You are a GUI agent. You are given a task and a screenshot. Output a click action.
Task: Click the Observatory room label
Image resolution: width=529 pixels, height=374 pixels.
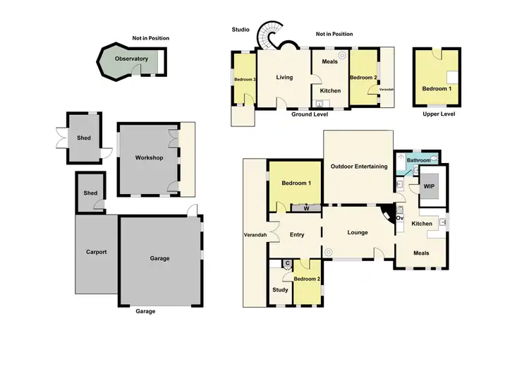[131, 59]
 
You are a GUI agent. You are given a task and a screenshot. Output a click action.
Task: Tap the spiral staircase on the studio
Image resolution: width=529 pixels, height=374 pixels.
[269, 36]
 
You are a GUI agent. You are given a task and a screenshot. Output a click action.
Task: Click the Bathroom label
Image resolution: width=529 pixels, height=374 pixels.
[418, 160]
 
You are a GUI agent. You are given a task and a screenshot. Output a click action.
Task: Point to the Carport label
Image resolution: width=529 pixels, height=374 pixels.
[96, 252]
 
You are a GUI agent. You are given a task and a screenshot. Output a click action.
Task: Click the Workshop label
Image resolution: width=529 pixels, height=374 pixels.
[149, 157]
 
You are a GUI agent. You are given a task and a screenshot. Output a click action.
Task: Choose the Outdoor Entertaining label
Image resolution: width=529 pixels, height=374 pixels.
[359, 167]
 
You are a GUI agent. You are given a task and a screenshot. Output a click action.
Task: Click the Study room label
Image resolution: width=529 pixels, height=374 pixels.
[279, 289]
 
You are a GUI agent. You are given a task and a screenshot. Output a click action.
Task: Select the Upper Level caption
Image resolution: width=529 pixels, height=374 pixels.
[439, 114]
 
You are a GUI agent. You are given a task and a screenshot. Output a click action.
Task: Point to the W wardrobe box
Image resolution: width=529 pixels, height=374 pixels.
[306, 208]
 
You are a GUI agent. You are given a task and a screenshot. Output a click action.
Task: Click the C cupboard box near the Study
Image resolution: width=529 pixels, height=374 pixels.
[286, 264]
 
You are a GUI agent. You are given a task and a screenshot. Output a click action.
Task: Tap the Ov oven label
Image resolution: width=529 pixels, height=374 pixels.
[399, 218]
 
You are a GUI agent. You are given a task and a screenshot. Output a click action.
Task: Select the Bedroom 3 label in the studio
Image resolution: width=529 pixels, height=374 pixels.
[244, 80]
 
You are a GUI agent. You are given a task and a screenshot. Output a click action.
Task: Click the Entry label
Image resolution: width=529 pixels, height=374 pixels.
[297, 234]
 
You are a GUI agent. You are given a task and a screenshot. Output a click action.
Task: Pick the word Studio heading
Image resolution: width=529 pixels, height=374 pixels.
[241, 30]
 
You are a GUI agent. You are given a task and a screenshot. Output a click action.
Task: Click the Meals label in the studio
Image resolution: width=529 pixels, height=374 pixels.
[330, 61]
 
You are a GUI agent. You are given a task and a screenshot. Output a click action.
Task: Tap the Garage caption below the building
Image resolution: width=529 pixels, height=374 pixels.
[145, 311]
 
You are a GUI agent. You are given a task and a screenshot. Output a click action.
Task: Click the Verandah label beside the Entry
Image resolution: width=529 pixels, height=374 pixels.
[255, 234]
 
